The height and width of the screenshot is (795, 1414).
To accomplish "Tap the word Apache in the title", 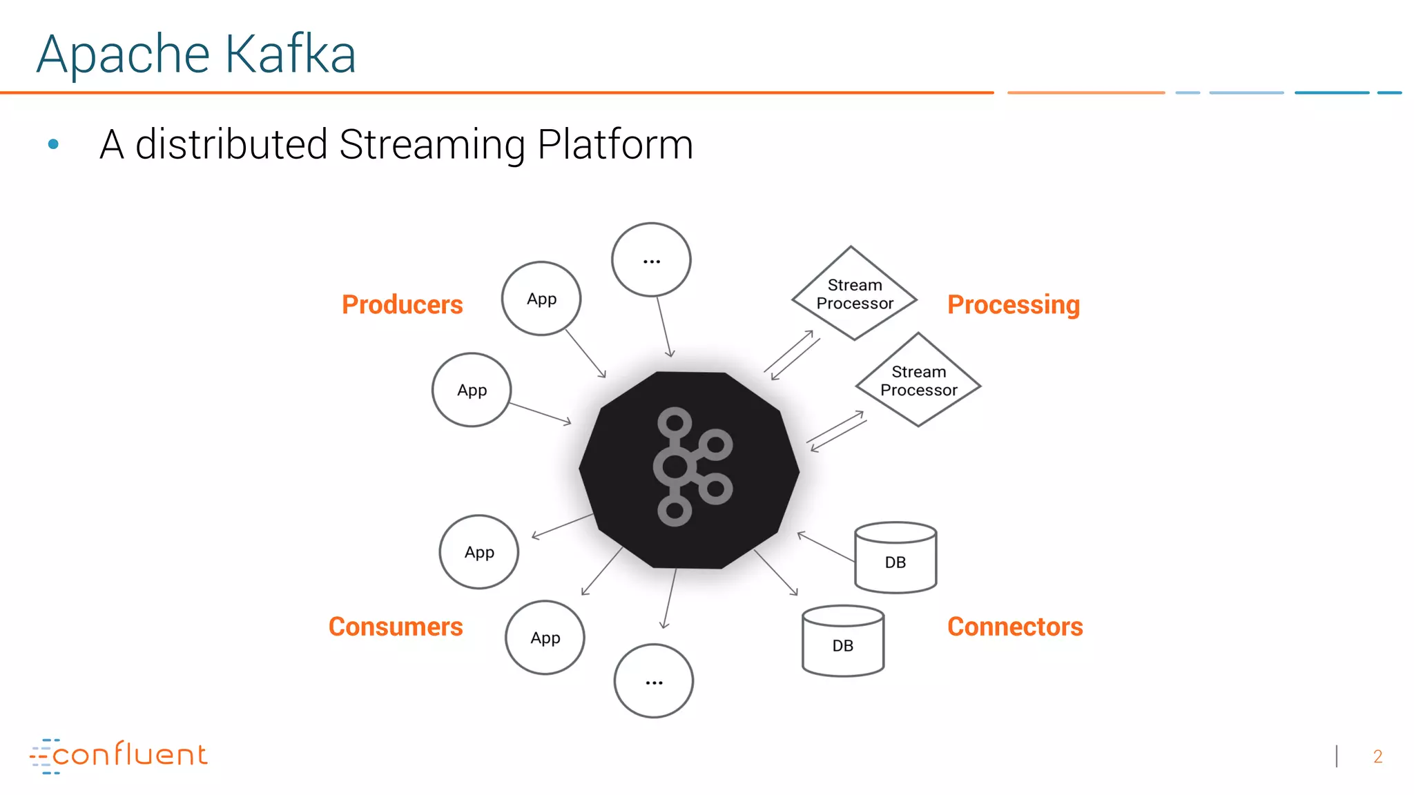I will coord(123,55).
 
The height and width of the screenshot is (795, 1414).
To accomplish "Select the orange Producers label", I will coord(402,304).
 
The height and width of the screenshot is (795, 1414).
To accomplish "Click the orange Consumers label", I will coord(396,627).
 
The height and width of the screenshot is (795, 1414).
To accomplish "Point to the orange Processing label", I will coord(1013,304).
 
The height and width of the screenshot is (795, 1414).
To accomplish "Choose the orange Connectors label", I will coord(1015,627).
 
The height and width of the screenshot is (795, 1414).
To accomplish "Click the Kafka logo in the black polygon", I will coord(690,467).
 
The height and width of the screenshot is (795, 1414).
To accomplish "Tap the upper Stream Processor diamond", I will coord(854,294).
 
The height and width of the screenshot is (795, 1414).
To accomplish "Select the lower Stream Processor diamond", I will coord(918,381).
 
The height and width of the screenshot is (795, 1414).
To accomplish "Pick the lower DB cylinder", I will coord(843,641).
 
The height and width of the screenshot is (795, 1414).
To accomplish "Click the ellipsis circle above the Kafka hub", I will coord(651,260).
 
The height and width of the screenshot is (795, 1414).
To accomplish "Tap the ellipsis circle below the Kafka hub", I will coord(654,681).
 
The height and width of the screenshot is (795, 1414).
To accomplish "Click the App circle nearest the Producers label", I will coord(541,299).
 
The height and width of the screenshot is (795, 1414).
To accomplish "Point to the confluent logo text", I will coord(129,755).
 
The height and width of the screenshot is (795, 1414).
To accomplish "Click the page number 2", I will coord(1377,757).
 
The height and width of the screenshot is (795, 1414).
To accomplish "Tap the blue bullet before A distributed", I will coord(53,144).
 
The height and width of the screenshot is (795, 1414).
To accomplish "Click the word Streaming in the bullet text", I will coord(433,145).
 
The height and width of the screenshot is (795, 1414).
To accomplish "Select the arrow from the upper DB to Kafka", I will coord(826,547).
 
